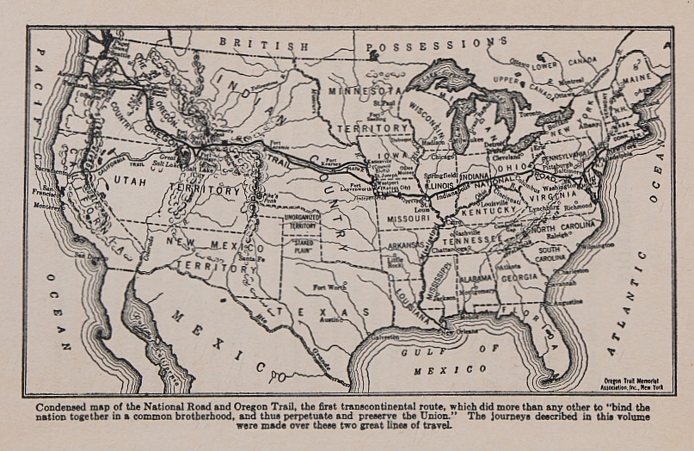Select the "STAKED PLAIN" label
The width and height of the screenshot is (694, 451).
pyautogui.click(x=303, y=254)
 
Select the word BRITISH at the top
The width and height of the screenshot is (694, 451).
pyautogui.click(x=251, y=42)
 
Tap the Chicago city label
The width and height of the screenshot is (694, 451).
pyautogui.click(x=444, y=158)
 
